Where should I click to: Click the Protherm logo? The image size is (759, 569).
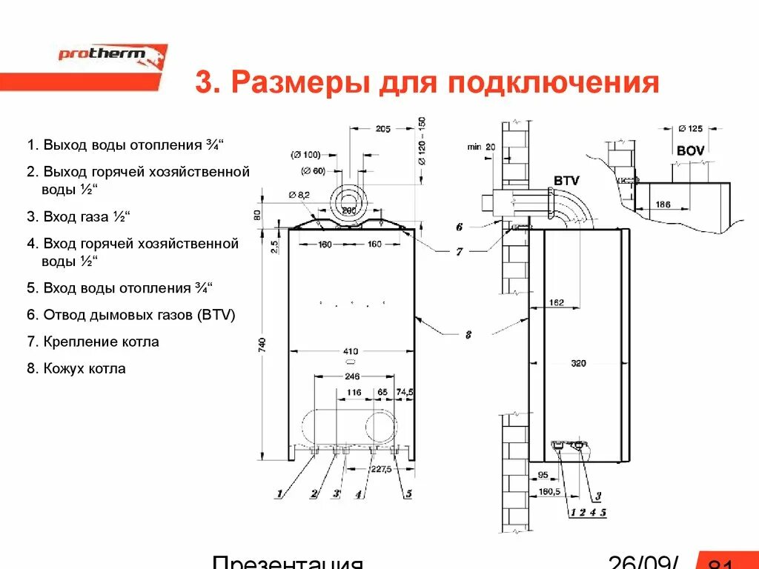[x=113, y=57]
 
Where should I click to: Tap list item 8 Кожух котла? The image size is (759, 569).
[x=76, y=368]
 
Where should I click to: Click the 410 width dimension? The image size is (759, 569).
[x=351, y=350]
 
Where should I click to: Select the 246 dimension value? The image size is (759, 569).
[x=354, y=376]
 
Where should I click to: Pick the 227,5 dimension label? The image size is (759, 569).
[x=381, y=468]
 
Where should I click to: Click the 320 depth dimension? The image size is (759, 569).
[x=579, y=363]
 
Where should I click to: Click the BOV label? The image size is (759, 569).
[x=690, y=150]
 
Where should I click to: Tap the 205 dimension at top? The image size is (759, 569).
[x=382, y=129]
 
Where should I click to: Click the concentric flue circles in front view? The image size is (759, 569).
[x=349, y=199]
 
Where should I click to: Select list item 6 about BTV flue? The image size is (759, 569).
[x=130, y=315]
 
